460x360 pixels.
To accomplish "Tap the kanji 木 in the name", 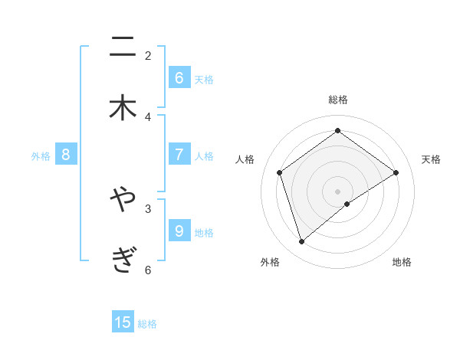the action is point(123,108).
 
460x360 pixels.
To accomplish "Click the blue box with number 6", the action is point(179,77).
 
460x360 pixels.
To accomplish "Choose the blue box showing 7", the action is point(179,155).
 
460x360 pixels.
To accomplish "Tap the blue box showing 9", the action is point(179,231).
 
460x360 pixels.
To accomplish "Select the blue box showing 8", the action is point(66,155).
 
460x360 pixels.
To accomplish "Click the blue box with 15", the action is point(123,322).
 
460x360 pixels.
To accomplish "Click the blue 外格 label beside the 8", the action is point(41,155).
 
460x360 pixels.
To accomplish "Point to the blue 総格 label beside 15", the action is point(147,324).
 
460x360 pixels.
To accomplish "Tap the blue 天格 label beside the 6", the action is point(204,79).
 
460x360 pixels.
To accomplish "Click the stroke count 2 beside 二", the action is point(148,55).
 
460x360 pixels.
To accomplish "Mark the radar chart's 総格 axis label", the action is point(338,100).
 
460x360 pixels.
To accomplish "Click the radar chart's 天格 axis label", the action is point(432,159).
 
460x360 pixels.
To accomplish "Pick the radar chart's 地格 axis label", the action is point(402,262).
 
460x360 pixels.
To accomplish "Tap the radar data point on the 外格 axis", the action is point(301,242).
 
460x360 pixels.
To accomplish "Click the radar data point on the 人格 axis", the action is point(280,172).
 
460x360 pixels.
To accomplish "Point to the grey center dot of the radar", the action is point(338,191).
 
